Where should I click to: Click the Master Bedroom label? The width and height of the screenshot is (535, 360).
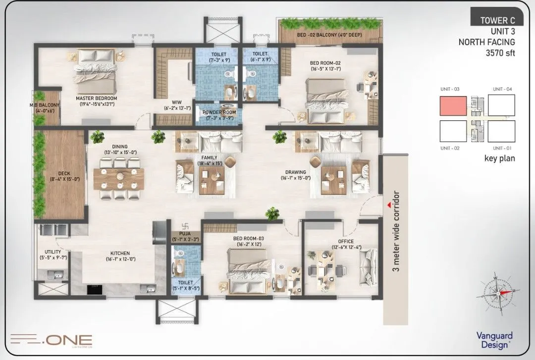coord(97,99)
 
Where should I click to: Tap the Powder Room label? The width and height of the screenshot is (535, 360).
coord(219,112)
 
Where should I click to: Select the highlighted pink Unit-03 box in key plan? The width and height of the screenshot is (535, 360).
coord(453,105)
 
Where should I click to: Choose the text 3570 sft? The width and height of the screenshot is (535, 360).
coord(501,52)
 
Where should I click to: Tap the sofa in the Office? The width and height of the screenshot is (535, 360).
coord(370,261)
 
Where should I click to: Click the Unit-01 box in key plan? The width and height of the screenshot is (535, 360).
coord(502,131)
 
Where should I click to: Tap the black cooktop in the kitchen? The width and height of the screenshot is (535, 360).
coord(94,289)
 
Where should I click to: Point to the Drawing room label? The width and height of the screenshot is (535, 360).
coord(295,175)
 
